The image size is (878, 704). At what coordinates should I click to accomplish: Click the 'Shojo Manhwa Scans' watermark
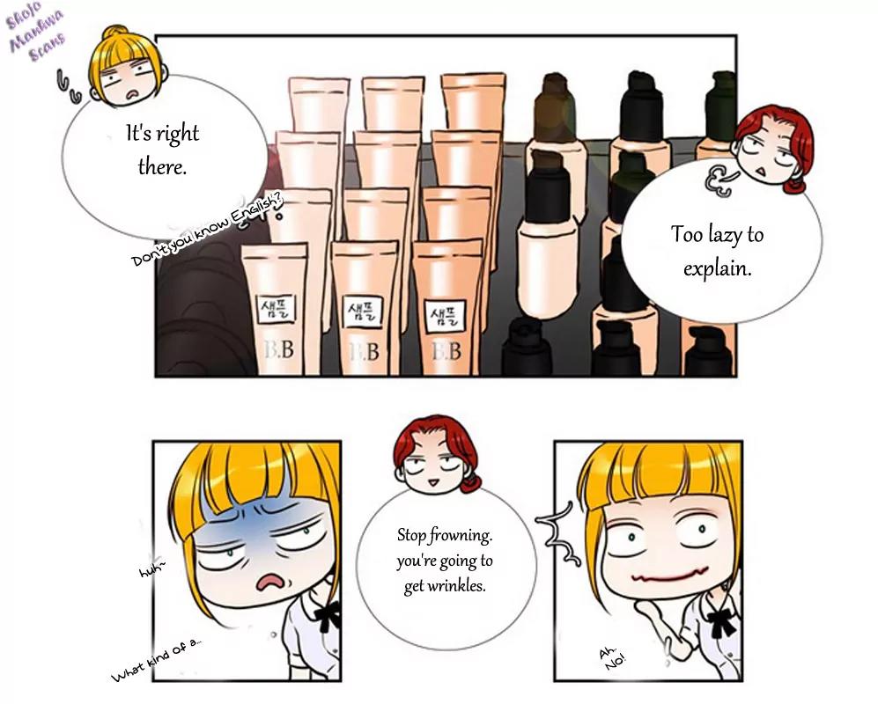point(34,35)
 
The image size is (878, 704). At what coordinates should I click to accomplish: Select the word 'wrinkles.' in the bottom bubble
point(455,586)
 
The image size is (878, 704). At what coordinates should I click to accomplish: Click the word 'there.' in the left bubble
point(162,167)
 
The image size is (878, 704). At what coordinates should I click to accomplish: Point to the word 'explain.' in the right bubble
point(718,268)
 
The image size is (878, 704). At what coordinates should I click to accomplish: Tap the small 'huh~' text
point(152,569)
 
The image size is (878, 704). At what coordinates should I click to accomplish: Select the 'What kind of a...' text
point(156,660)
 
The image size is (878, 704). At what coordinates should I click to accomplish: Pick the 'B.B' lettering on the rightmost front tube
point(447,351)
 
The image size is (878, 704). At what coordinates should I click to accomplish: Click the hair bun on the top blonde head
point(114,32)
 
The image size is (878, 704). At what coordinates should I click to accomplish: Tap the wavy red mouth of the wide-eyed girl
point(669,576)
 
